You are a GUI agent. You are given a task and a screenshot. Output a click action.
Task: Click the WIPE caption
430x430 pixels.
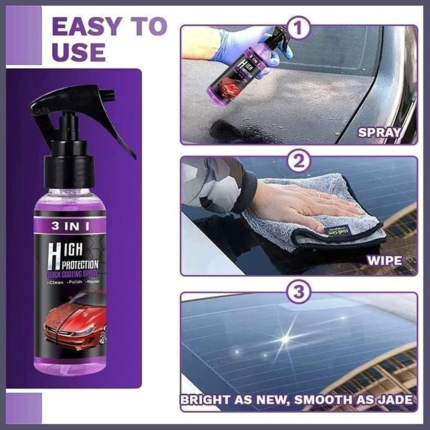pyautogui.click(x=384, y=260)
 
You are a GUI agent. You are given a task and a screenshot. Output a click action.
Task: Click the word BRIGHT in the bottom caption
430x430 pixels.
pyautogui.click(x=206, y=399)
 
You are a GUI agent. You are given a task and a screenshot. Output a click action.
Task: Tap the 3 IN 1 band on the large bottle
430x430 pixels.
pyautogui.click(x=70, y=226)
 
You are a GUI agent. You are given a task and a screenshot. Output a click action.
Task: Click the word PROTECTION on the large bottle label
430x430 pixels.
pyautogui.click(x=80, y=265)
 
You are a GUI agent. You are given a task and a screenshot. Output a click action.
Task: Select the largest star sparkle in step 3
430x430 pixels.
pyautogui.click(x=286, y=337)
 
